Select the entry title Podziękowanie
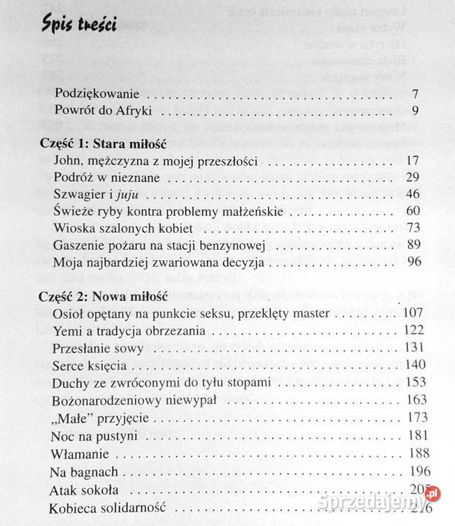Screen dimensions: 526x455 tap(98, 96)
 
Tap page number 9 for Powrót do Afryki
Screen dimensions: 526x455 tap(414, 112)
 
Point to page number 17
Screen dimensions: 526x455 tap(411, 161)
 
